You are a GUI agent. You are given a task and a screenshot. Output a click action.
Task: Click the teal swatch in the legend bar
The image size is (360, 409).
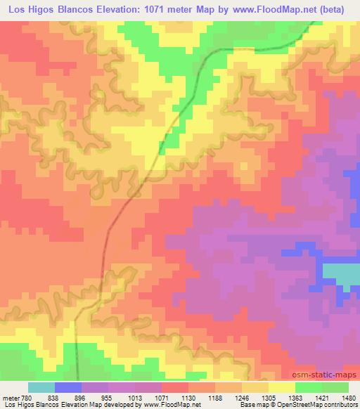click(41, 387)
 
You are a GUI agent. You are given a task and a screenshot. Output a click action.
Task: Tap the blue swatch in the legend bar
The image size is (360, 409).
click(68, 387)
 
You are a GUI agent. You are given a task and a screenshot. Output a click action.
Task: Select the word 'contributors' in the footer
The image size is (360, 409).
click(340, 405)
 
